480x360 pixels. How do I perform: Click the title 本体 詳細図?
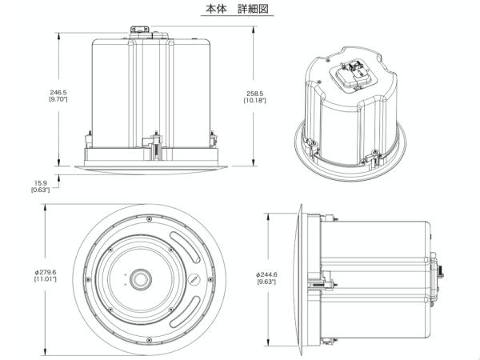[x=237, y=9]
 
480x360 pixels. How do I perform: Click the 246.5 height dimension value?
[x=58, y=92]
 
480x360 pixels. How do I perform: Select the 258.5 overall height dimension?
[x=255, y=94]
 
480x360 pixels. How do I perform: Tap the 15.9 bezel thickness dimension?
[x=41, y=183]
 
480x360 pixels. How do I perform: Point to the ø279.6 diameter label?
[x=46, y=272]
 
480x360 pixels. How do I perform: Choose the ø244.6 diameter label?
[x=266, y=274]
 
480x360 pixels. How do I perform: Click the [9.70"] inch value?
[x=58, y=99]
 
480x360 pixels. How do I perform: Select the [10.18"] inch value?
[x=255, y=101]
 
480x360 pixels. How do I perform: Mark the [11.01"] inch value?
[x=46, y=279]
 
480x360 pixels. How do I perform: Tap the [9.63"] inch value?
[x=266, y=282]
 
